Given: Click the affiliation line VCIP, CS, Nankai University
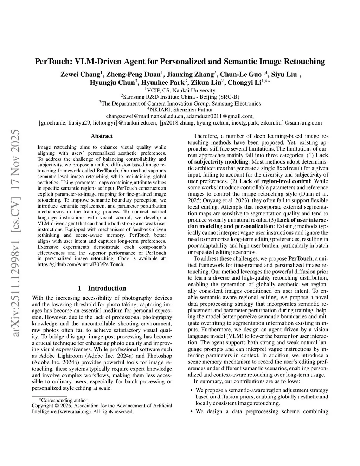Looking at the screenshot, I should pos(181,90).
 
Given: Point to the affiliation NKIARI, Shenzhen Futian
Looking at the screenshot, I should pos(181,109).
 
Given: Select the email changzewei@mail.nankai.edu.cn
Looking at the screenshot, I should pos(145,116).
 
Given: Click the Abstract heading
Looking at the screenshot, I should pos(102,136).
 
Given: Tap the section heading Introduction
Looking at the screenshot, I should pos(107,288).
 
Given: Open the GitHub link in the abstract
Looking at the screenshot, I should pos(81,264).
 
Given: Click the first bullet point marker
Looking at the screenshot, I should pos(191,390).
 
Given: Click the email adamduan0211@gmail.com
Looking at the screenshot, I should pos(220,116).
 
